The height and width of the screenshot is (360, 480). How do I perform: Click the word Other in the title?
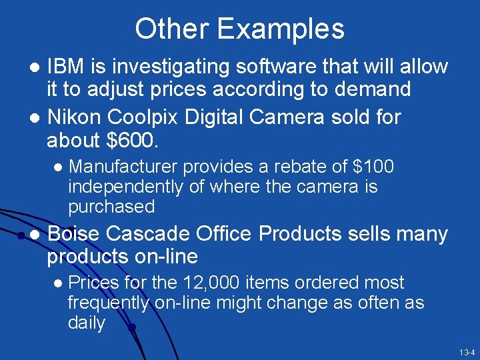(x=171, y=29)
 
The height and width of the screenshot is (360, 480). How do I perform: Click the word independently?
(x=127, y=187)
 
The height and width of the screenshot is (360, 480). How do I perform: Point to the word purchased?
(x=111, y=207)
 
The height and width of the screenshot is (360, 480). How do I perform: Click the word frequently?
(x=109, y=303)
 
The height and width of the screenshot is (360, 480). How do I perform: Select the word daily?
(x=87, y=323)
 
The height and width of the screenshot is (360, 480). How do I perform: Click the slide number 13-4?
(x=466, y=351)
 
